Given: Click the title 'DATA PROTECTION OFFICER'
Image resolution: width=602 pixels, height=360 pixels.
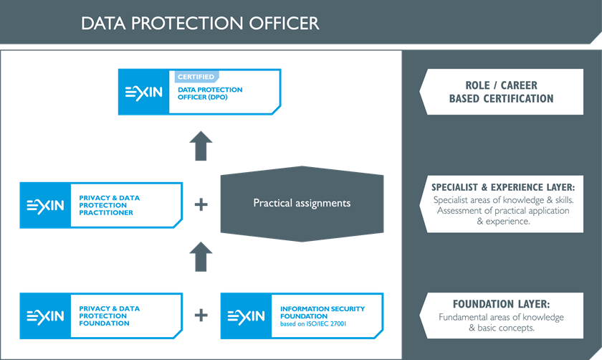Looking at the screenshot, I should click(200, 23).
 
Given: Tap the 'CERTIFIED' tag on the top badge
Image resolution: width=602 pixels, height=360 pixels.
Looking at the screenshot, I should click(196, 77).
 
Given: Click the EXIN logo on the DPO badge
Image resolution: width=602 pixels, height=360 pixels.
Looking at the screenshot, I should click(144, 93).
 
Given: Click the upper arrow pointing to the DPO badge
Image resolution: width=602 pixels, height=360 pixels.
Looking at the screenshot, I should click(201, 146).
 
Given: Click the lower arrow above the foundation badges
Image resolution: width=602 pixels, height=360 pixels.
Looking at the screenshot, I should click(201, 256).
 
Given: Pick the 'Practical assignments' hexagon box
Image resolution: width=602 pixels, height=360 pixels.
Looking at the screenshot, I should click(302, 203).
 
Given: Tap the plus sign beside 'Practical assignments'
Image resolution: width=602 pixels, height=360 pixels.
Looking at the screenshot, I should click(201, 204).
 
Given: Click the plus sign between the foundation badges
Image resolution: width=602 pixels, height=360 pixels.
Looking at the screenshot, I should click(201, 315).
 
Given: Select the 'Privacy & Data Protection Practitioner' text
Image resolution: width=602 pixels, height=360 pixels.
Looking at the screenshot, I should click(110, 204).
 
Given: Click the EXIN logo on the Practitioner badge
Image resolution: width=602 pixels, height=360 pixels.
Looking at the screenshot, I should click(45, 206).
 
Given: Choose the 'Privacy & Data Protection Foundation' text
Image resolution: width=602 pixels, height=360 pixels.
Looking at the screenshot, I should click(110, 316).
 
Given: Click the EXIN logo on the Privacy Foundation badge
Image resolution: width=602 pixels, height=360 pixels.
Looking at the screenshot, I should click(45, 316).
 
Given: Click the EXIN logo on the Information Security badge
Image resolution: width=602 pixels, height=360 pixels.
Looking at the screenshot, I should click(246, 316).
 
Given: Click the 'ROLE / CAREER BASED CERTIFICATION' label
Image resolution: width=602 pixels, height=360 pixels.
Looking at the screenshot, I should click(501, 92).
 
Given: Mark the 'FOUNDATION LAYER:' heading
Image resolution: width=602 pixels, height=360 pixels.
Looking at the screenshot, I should click(501, 304).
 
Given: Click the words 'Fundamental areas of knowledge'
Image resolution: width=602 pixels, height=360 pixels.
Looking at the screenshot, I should click(501, 317).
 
